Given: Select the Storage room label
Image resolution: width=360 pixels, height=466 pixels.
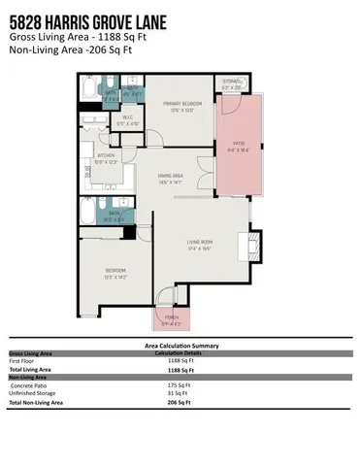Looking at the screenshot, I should point(231,84).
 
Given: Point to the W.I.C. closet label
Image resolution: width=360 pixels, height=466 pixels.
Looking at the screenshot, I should point(128,121).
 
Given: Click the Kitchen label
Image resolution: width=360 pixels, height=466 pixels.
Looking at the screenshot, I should point(107,158).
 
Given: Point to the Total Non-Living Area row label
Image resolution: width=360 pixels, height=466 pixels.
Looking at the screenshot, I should point(36,401).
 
